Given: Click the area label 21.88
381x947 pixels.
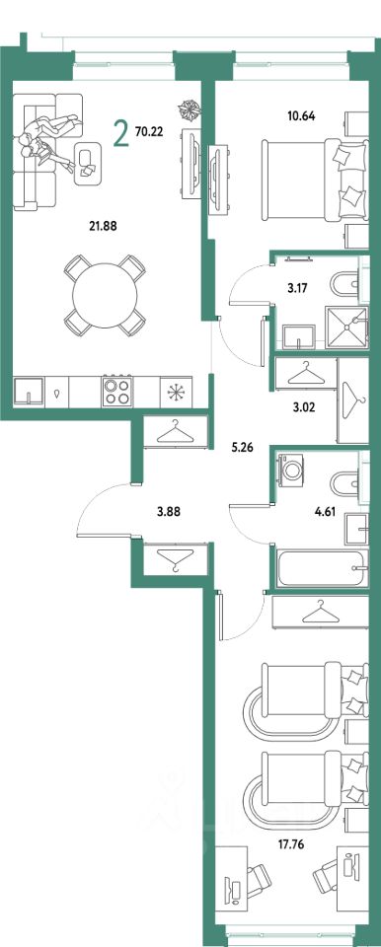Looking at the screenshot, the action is pyautogui.click(x=102, y=227).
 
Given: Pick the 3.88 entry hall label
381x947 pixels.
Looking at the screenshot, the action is pyautogui.click(x=169, y=513).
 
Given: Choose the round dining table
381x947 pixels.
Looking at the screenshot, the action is pyautogui.click(x=105, y=296).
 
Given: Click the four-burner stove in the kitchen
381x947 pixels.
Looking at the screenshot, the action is pyautogui.click(x=117, y=392).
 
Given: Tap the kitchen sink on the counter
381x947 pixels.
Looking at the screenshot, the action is pyautogui.click(x=29, y=392).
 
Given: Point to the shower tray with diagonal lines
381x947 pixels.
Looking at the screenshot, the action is pyautogui.click(x=345, y=327).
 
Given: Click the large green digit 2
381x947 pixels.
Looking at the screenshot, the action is pyautogui.click(x=121, y=133).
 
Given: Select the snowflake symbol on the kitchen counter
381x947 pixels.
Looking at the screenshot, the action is pyautogui.click(x=176, y=392).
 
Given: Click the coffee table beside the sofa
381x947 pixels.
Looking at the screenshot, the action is pyautogui.click(x=88, y=163).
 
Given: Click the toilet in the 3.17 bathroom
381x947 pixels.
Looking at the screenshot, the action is pyautogui.click(x=345, y=283).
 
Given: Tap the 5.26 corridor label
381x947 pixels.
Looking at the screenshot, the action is pyautogui.click(x=242, y=448).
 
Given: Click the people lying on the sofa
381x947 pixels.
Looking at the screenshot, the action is pyautogui.click(x=48, y=138).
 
